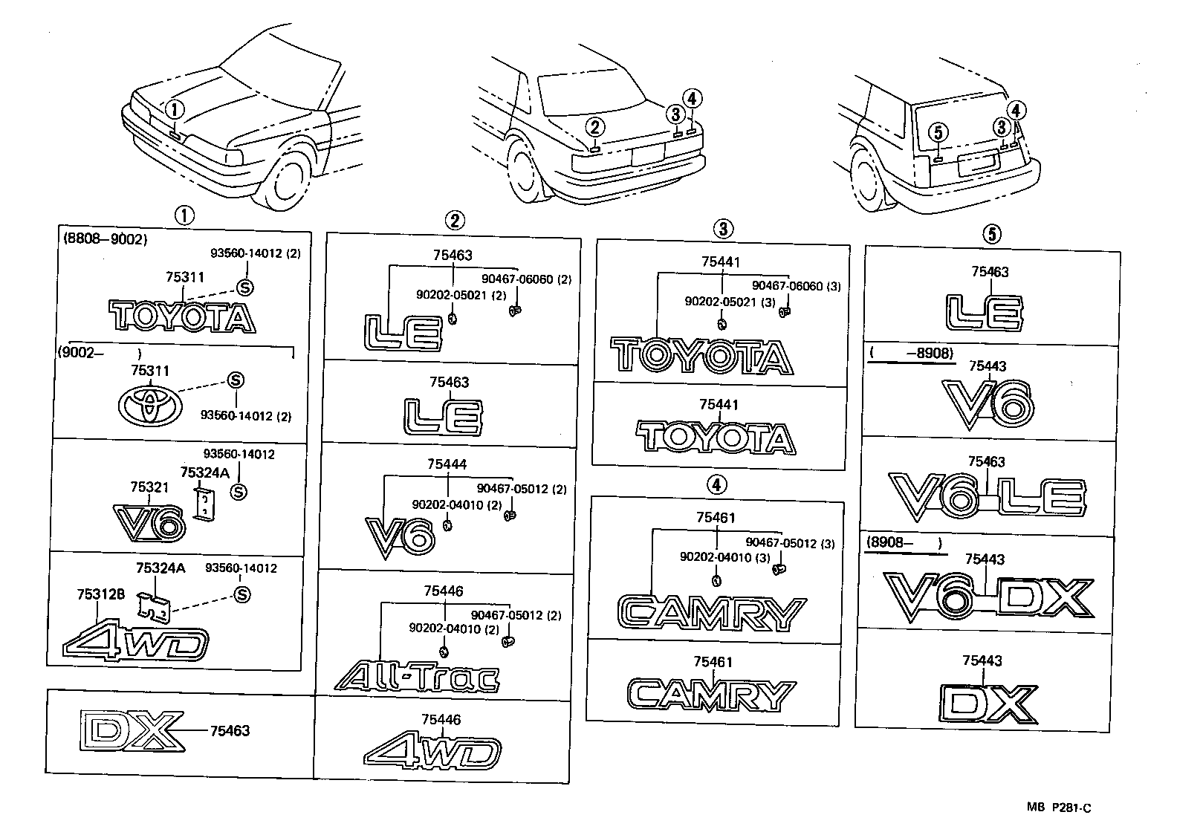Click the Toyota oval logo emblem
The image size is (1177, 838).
[149, 405]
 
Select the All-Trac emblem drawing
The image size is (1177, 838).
[416, 676]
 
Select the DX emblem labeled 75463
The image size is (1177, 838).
[132, 730]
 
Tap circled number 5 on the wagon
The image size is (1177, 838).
[938, 133]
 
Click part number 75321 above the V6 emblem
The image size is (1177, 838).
[149, 487]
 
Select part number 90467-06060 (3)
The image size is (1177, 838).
[796, 286]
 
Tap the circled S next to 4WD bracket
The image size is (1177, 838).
[241, 594]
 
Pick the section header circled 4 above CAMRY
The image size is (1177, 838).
[715, 485]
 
